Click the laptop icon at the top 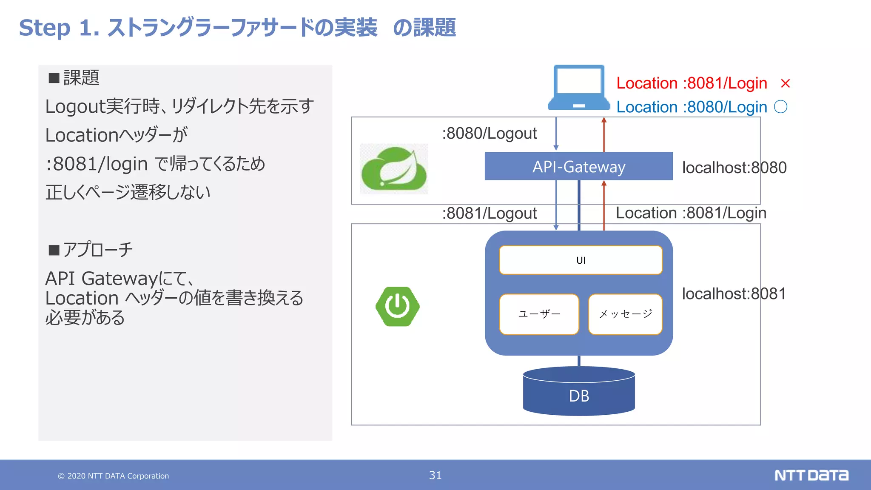pos(578,87)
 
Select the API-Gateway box pos(578,166)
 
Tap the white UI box pos(581,260)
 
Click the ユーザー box pos(539,314)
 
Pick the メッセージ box pos(625,314)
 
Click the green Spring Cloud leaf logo pos(394,169)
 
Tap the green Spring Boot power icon pos(398,306)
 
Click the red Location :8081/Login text pos(692,83)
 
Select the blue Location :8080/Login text pos(692,107)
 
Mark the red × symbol pos(785,83)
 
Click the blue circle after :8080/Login pos(780,107)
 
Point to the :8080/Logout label pos(489,134)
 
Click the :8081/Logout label pos(489,213)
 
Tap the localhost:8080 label pos(734,168)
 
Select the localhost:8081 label pos(734,293)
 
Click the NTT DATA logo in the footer pos(811,475)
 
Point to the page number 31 pos(435,475)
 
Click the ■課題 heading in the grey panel pos(74,78)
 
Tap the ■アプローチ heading pos(91,250)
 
